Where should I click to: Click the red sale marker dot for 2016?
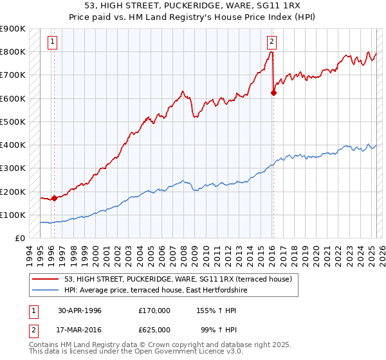pos(273,93)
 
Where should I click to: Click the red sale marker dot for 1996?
pos(54,198)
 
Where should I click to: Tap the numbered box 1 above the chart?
pos(52,42)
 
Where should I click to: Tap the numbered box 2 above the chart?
pos(271,42)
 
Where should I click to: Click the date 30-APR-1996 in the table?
pos(80,310)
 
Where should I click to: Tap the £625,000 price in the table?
pos(154,330)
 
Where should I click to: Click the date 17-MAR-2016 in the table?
pos(80,330)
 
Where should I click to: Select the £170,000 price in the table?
pos(154,310)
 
